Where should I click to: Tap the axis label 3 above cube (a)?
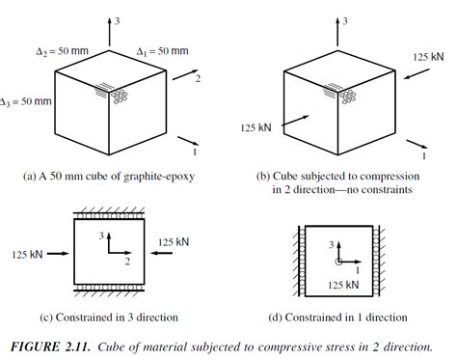point(117,20)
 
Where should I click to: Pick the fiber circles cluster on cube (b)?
point(345,97)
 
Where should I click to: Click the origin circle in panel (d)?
point(337,262)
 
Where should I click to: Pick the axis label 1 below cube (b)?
point(422,152)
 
